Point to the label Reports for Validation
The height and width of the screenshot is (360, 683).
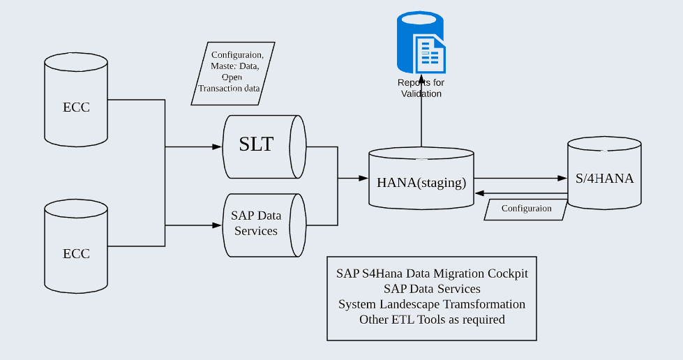pyautogui.click(x=421, y=88)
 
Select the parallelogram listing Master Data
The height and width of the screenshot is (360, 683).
pyautogui.click(x=233, y=73)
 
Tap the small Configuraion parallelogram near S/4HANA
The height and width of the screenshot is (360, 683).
pyautogui.click(x=526, y=209)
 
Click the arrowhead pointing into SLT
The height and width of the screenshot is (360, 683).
pyautogui.click(x=216, y=147)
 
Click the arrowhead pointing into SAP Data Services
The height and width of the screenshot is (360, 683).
pyautogui.click(x=216, y=225)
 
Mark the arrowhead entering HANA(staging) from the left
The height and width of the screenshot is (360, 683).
pyautogui.click(x=363, y=179)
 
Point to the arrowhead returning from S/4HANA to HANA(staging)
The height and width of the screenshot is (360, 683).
pyautogui.click(x=481, y=193)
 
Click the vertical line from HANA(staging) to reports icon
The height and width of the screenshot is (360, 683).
pyautogui.click(x=421, y=122)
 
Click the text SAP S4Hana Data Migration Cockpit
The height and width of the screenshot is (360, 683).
pyautogui.click(x=432, y=273)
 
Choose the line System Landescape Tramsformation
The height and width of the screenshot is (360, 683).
pyautogui.click(x=432, y=304)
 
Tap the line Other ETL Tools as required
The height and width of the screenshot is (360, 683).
pyautogui.click(x=432, y=320)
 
